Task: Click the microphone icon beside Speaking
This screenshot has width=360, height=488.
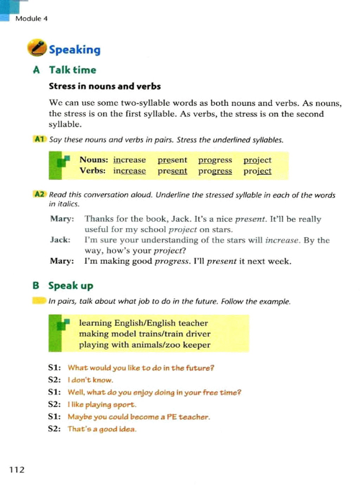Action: click(x=37, y=48)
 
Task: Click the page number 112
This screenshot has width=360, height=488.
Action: click(x=17, y=469)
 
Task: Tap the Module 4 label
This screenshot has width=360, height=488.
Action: click(x=31, y=19)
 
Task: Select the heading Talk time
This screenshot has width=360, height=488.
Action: click(x=72, y=70)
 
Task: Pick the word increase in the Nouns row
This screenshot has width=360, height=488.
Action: click(x=129, y=160)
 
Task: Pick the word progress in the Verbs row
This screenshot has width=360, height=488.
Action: click(x=215, y=171)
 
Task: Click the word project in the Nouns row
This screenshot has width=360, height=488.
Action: click(x=257, y=160)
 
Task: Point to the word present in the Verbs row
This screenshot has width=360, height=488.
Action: click(x=172, y=171)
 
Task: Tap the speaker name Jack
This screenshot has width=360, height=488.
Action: click(x=60, y=240)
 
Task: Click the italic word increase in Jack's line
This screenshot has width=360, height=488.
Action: click(x=282, y=240)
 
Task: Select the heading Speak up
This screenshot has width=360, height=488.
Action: click(x=71, y=285)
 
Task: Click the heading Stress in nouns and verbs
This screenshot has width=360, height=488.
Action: click(x=105, y=86)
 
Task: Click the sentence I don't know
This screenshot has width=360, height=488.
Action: click(x=90, y=380)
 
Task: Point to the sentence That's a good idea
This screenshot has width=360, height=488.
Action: click(x=102, y=429)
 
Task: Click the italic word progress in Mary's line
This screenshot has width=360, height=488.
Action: click(x=172, y=261)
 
